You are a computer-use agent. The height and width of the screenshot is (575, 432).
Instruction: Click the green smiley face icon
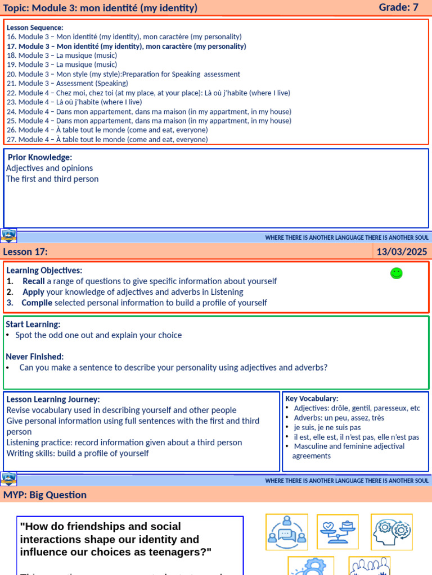point(397,273)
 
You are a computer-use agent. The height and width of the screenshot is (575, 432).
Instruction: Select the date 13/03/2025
point(402,252)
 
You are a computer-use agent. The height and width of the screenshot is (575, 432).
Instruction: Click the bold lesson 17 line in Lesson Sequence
point(127,46)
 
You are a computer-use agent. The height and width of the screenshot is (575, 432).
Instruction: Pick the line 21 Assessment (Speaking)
point(67,83)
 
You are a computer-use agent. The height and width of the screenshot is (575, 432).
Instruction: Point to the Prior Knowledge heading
point(40,157)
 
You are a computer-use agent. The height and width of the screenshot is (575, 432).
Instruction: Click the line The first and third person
point(52,179)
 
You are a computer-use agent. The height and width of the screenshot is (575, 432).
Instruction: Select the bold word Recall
point(33,281)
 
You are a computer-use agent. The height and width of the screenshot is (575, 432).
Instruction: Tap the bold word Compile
point(37,303)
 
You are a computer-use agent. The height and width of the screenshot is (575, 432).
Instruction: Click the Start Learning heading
point(33,324)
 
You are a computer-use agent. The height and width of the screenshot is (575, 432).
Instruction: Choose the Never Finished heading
point(34,357)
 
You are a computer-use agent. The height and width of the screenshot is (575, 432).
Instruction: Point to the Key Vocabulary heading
point(312,398)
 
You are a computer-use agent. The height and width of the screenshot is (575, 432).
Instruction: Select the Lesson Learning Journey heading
point(53,399)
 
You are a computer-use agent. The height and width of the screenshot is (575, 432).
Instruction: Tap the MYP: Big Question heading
point(45,495)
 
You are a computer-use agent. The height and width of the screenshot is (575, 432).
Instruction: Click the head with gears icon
point(391,531)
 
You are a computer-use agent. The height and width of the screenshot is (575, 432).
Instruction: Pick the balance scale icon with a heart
point(337,531)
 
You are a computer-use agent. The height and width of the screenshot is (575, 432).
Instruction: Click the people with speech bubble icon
point(287,532)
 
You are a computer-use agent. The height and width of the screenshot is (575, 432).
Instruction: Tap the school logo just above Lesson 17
point(9,235)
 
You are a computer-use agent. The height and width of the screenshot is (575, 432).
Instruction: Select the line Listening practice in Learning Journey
point(124,442)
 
